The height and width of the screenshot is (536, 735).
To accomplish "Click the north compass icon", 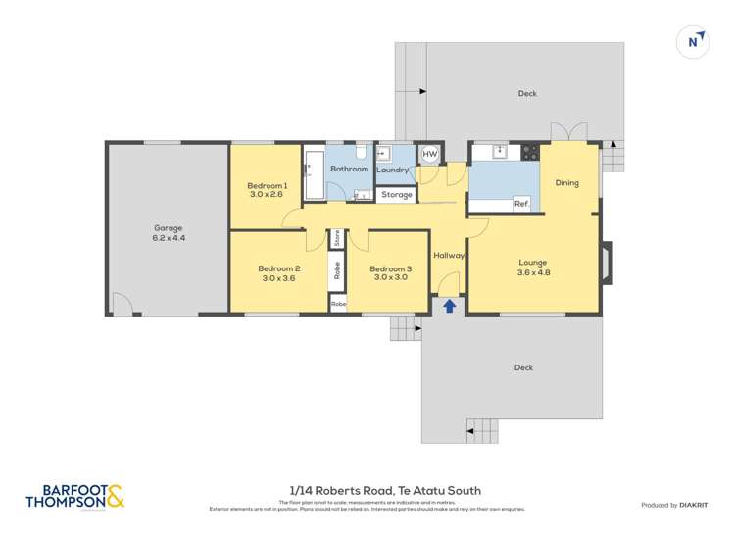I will (694, 42).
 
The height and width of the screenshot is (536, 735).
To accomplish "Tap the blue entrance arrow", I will (450, 306).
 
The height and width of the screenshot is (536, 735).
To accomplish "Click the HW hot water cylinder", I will (429, 155).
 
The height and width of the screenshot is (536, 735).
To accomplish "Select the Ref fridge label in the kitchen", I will (521, 204).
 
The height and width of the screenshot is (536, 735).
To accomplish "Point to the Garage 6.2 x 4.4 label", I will (168, 233).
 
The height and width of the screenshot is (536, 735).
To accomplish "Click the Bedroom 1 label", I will (267, 190).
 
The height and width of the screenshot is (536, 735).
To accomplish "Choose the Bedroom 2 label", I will (278, 273).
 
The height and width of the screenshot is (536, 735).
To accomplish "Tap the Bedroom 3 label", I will (390, 273).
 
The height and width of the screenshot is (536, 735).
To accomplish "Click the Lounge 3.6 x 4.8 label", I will (533, 267).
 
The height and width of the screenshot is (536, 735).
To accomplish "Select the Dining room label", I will (566, 183).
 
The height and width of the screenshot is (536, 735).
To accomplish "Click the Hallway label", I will (449, 256).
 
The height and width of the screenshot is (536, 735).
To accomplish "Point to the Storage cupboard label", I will (397, 195).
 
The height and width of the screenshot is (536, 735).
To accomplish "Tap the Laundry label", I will (392, 171).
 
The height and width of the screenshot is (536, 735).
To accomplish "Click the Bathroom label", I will (349, 170).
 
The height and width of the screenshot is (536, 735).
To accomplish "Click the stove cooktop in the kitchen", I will (529, 152).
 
